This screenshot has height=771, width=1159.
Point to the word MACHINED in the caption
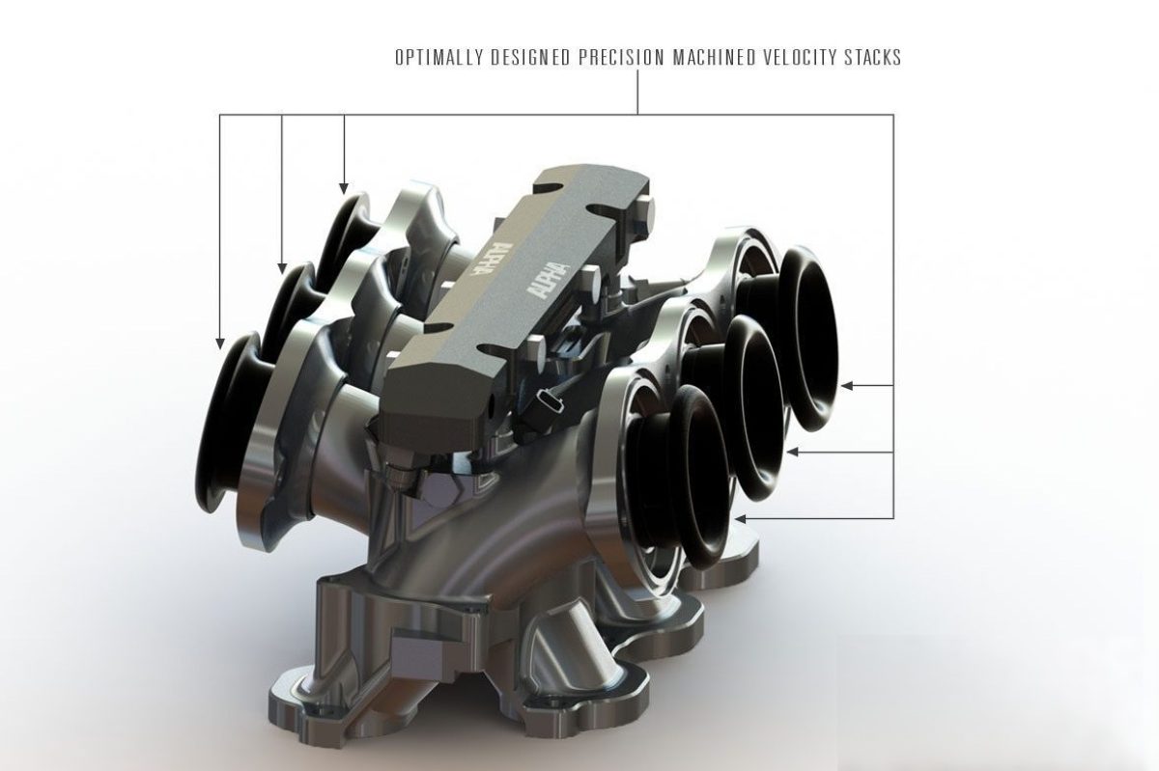(x=714, y=57)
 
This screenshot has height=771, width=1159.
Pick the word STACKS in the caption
(x=872, y=57)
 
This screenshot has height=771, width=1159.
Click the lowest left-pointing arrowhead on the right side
(x=741, y=518)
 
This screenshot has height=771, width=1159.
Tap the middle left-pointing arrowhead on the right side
(x=793, y=452)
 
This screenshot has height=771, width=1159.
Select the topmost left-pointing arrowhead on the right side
(x=847, y=385)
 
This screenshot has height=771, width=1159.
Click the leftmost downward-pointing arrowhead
(x=220, y=343)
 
